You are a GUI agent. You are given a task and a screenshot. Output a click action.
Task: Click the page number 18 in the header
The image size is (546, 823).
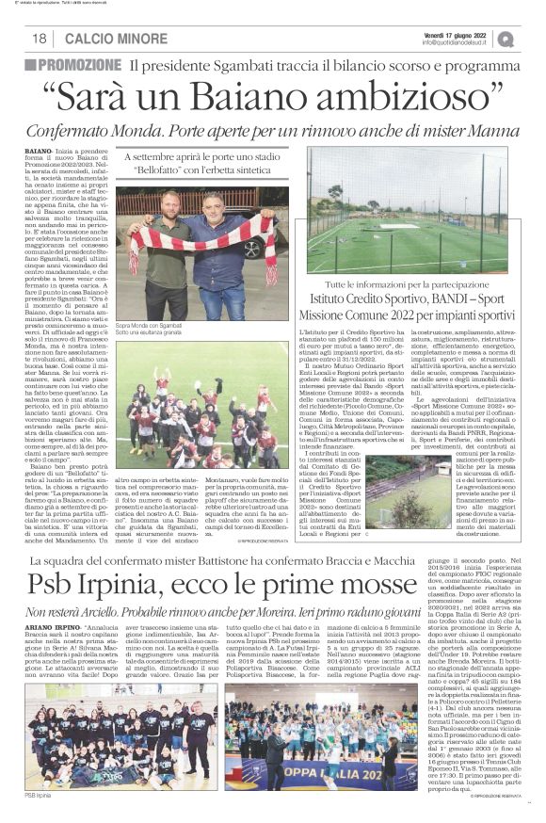(40, 38)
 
